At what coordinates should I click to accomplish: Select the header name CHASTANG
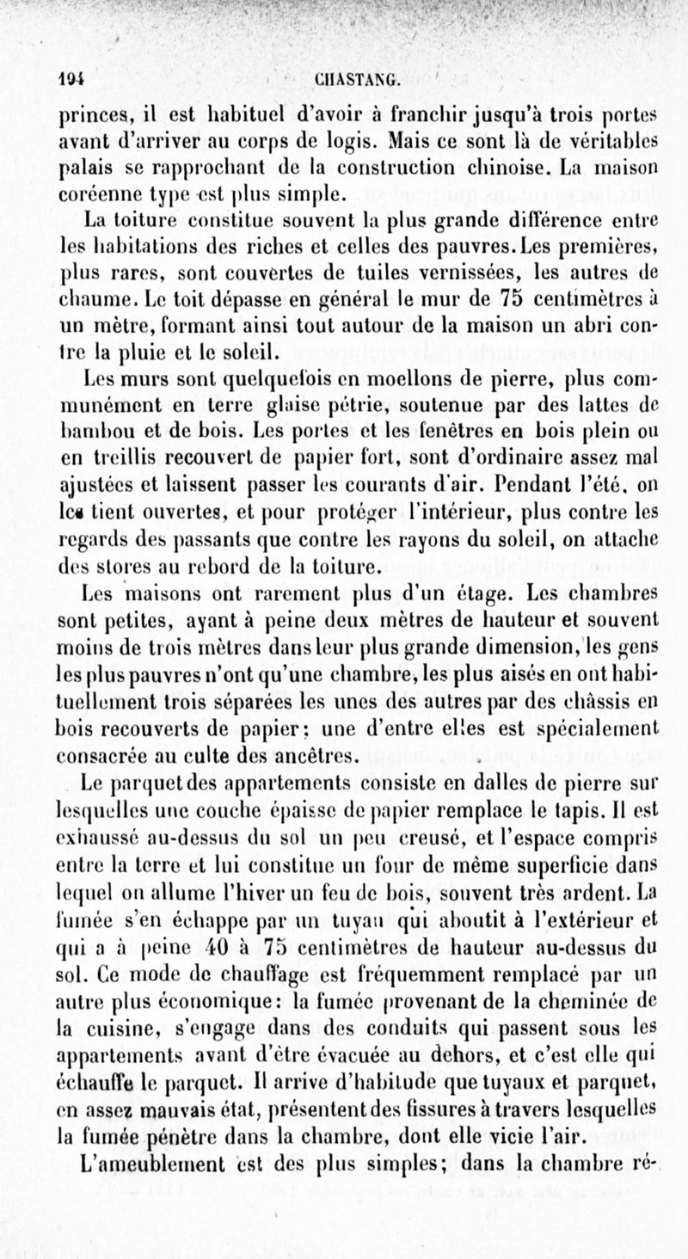click(x=353, y=83)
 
